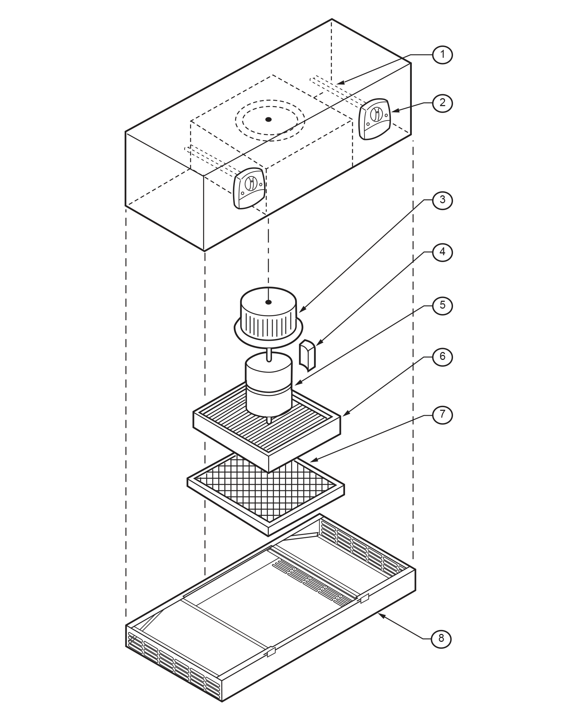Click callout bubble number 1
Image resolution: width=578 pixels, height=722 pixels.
click(x=442, y=55)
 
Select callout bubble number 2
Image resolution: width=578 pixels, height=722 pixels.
click(x=442, y=103)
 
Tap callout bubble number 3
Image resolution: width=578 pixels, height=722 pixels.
click(x=442, y=200)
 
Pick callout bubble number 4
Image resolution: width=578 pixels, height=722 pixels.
click(x=442, y=252)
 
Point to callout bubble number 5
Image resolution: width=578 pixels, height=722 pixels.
click(x=442, y=305)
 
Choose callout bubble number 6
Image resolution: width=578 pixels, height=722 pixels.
click(x=442, y=357)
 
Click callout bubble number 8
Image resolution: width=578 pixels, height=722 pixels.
click(x=441, y=638)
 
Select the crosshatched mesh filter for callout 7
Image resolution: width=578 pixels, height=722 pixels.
click(x=266, y=491)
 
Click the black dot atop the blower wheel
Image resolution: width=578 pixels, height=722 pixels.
click(x=268, y=302)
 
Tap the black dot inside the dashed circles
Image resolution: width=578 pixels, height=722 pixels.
click(x=268, y=119)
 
